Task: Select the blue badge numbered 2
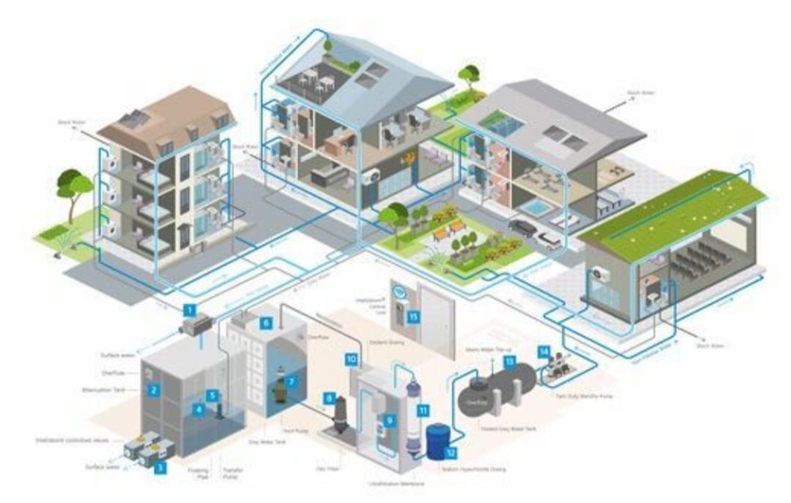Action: pyautogui.click(x=154, y=389)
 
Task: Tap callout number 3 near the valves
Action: pyautogui.click(x=160, y=468)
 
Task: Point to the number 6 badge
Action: pyautogui.click(x=266, y=323)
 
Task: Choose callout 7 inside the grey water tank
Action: pyautogui.click(x=291, y=382)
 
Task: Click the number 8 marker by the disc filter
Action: pyautogui.click(x=329, y=398)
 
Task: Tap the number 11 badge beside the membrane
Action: pyautogui.click(x=423, y=410)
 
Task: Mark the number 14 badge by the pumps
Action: pyautogui.click(x=544, y=351)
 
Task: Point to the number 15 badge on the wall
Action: pyautogui.click(x=413, y=316)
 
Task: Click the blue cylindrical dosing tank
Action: pyautogui.click(x=437, y=442)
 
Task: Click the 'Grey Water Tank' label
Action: pyautogui.click(x=267, y=442)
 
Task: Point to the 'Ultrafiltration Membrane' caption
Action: pyautogui.click(x=396, y=484)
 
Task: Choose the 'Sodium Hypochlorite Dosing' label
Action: pyautogui.click(x=474, y=469)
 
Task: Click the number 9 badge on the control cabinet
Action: pyautogui.click(x=389, y=420)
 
